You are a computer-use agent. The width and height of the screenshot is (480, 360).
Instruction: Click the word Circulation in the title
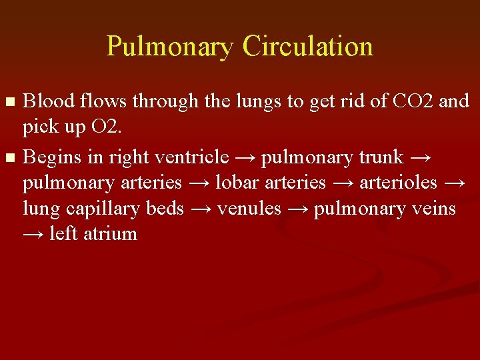coord(307,46)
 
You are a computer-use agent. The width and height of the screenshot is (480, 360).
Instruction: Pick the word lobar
coord(237,182)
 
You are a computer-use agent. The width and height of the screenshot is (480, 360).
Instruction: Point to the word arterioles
coord(399,182)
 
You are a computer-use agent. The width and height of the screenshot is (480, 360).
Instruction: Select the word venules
coord(250,208)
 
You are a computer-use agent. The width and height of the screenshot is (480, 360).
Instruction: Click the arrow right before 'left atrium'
coord(33,235)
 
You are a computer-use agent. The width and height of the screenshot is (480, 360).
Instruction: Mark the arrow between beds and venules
coord(201,209)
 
